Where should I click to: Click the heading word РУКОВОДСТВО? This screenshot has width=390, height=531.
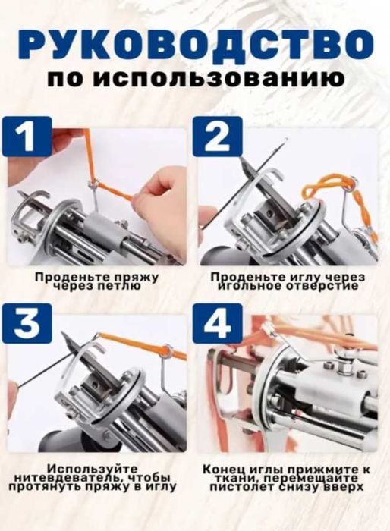pyautogui.click(x=195, y=45)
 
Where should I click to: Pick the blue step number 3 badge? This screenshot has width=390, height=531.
pyautogui.click(x=28, y=324)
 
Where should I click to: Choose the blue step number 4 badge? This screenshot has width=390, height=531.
pyautogui.click(x=217, y=324)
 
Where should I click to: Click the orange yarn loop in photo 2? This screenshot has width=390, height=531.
pyautogui.click(x=334, y=186)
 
